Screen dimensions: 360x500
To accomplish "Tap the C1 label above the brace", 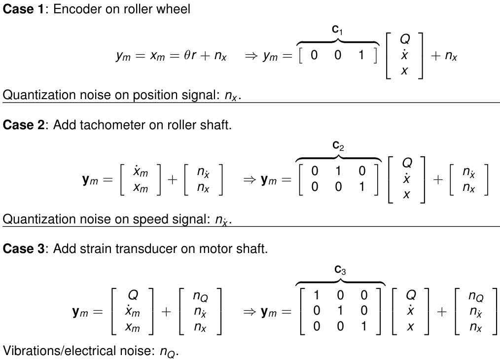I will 337,31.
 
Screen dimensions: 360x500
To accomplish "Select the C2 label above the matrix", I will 338,146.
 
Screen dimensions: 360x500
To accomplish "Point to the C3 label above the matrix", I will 340,270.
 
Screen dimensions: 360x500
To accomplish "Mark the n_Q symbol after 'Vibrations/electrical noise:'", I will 167,352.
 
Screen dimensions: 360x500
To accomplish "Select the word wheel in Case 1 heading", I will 175,10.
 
